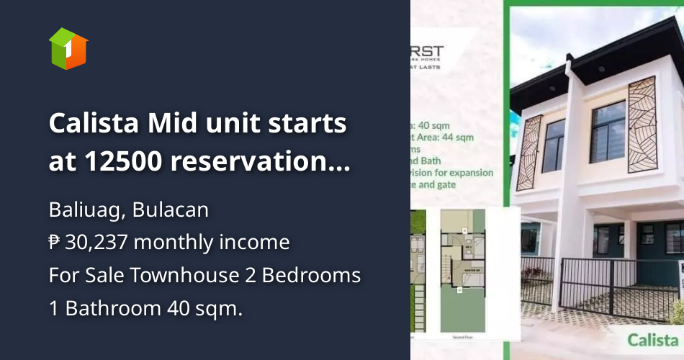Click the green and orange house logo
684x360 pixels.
pyautogui.click(x=68, y=48)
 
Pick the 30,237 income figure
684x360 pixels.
pyautogui.click(x=96, y=243)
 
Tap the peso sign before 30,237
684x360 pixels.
pyautogui.click(x=55, y=243)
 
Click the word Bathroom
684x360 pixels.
pyautogui.click(x=114, y=307)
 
